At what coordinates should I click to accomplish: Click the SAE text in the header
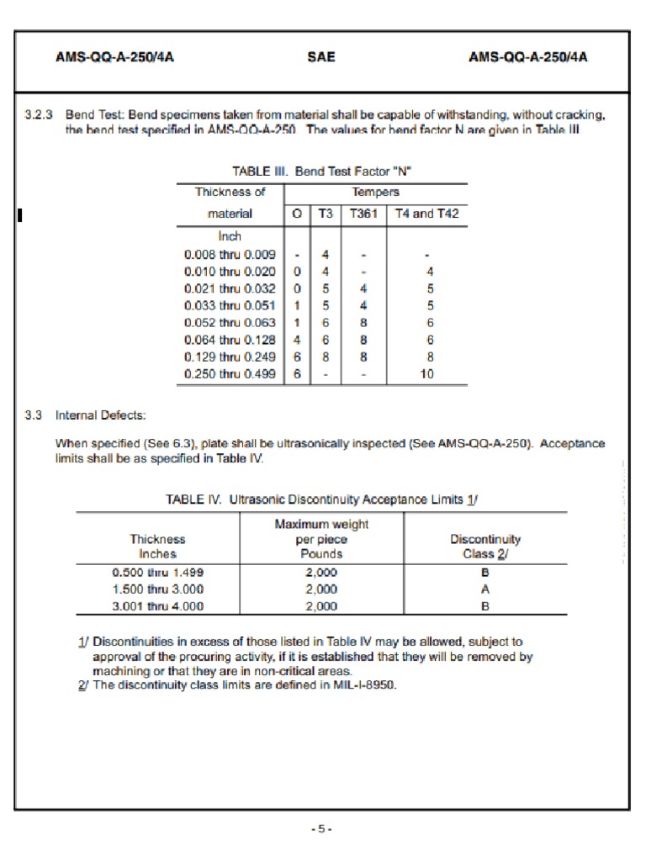[x=321, y=57]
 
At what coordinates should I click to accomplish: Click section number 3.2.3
[x=39, y=114]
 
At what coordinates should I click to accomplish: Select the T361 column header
[x=363, y=214]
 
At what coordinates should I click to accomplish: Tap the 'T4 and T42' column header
[x=426, y=214]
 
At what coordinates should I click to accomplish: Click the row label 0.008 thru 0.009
[x=230, y=254]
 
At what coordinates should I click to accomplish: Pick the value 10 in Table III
[x=427, y=374]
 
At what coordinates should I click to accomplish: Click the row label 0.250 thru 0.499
[x=230, y=374]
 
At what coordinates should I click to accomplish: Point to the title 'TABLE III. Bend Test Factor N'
[x=321, y=171]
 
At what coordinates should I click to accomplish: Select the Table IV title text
[x=321, y=499]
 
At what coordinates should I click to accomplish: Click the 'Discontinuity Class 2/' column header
[x=485, y=546]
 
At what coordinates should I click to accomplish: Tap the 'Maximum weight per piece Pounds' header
[x=321, y=539]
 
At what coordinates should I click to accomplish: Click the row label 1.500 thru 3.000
[x=157, y=589]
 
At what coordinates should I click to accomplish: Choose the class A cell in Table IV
[x=485, y=589]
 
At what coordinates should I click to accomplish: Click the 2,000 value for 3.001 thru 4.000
[x=321, y=605]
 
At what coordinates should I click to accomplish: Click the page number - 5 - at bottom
[x=321, y=829]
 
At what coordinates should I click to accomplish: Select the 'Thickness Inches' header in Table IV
[x=157, y=546]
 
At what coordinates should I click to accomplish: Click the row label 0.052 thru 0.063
[x=230, y=322]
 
